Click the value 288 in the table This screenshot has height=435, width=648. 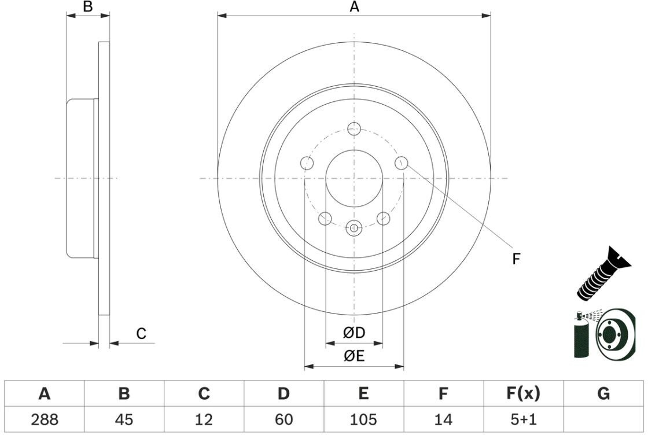pos(45,419)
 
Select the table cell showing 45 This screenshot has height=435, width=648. pos(124,419)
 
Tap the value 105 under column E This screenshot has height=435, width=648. pos(363,419)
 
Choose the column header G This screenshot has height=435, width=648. pos(603,394)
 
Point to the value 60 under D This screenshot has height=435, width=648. pos(283,419)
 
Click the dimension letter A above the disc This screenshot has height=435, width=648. pos(354,7)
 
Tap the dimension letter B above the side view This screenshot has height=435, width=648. pos(88,7)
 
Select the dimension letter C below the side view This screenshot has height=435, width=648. pos(141,334)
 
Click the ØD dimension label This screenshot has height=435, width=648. pos(354,333)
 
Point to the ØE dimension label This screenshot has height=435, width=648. pos(354,356)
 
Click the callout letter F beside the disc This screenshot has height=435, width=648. pos(516,259)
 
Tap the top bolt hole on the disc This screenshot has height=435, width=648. pos(354,128)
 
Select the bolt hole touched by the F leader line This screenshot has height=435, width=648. pos(402,163)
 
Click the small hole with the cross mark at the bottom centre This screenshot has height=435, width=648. pos(354,228)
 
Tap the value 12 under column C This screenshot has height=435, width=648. pos(204,419)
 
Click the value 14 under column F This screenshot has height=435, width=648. pos(443,419)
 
